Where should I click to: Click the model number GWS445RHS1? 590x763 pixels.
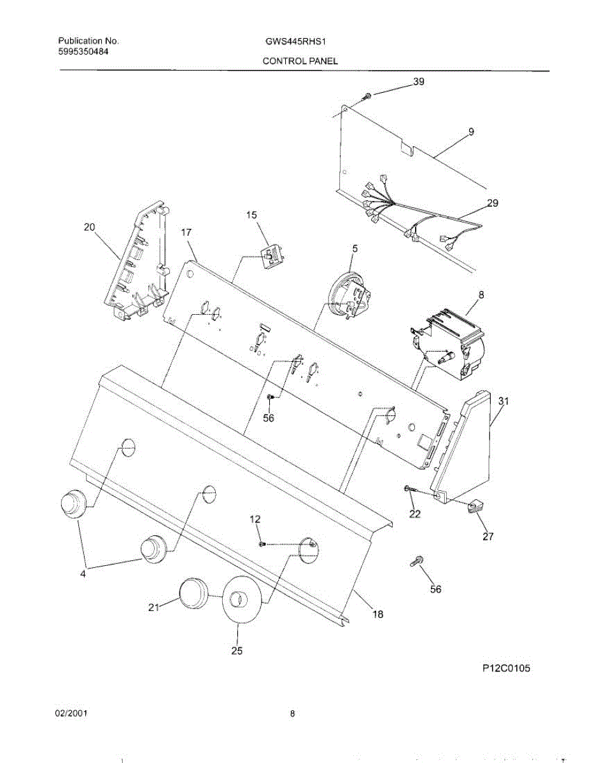[297, 42]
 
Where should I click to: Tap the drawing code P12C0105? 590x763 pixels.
[506, 668]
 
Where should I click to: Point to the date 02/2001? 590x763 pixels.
[71, 714]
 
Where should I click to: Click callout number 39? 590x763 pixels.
[419, 82]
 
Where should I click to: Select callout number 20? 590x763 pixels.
[89, 227]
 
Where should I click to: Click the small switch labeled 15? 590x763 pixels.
[272, 256]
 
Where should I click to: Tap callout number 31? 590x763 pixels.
[503, 401]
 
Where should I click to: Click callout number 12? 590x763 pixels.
[255, 519]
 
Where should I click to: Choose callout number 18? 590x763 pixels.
[377, 614]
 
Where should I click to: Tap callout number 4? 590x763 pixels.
[83, 574]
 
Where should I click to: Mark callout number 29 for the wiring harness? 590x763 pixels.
[492, 203]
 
